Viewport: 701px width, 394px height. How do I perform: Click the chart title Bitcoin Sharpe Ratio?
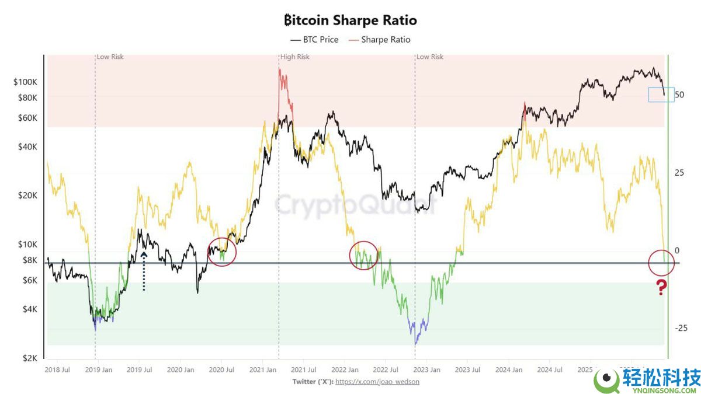click(x=350, y=20)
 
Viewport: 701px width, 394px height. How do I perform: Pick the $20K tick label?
click(x=27, y=195)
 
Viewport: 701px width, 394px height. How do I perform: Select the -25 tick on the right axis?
click(x=681, y=328)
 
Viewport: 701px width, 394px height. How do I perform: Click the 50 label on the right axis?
click(x=679, y=95)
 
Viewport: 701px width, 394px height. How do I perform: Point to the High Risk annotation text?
click(x=295, y=57)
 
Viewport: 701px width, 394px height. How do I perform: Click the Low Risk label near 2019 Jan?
click(x=110, y=57)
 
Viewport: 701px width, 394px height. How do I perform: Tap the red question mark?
click(x=661, y=287)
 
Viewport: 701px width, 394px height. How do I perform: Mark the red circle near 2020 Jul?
click(x=222, y=252)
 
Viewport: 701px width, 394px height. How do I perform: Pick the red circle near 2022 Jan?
click(x=365, y=255)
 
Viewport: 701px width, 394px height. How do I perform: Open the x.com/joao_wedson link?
click(x=377, y=382)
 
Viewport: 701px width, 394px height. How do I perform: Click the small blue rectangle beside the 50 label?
click(x=661, y=95)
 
